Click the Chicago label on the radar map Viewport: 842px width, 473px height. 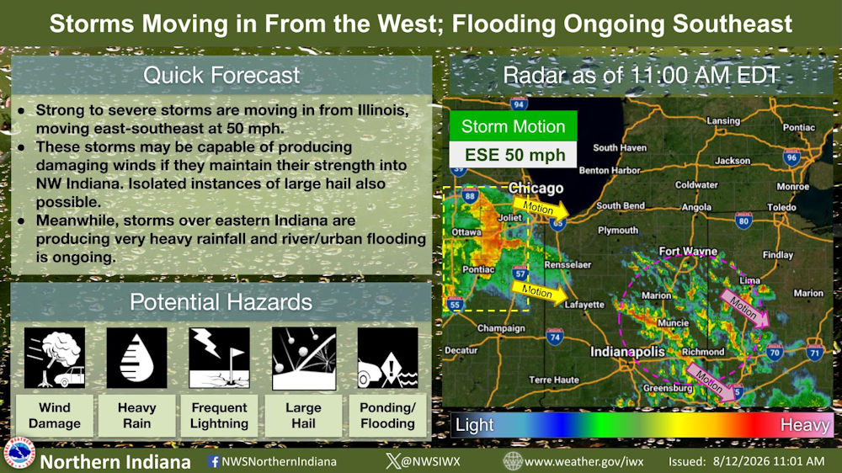click(x=536, y=189)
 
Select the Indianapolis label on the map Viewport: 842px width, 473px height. click(x=627, y=352)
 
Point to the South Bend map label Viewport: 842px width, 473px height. click(x=621, y=205)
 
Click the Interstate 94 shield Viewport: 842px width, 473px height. click(x=519, y=104)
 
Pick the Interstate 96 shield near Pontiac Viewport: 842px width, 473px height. click(x=792, y=157)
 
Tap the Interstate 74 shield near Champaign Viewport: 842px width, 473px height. click(x=555, y=337)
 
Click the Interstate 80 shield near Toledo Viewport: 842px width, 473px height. click(x=743, y=221)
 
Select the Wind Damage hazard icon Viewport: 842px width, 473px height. click(x=54, y=358)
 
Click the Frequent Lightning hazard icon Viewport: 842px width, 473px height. click(x=219, y=358)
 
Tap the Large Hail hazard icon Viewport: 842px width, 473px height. click(x=304, y=358)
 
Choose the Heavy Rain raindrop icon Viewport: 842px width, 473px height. click(x=136, y=358)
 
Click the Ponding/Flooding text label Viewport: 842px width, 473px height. click(x=387, y=416)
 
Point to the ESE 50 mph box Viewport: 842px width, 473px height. click(x=514, y=155)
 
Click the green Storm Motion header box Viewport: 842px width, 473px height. click(x=514, y=126)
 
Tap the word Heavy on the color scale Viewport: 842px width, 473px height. click(x=805, y=425)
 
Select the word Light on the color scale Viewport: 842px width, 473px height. click(x=475, y=425)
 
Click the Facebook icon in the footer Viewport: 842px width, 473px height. click(x=214, y=461)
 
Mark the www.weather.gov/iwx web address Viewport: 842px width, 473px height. click(x=584, y=461)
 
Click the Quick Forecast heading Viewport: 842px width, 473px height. click(x=221, y=75)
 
